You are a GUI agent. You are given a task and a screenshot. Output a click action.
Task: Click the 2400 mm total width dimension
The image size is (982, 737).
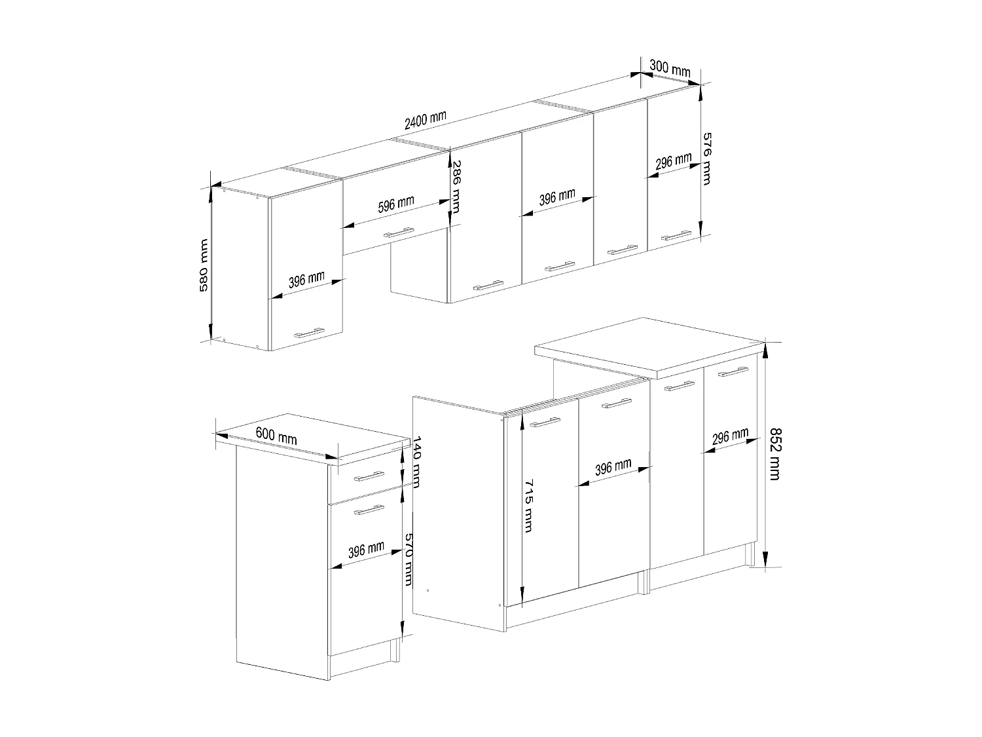coord(425,120)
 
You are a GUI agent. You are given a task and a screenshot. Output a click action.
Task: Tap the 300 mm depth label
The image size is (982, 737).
coord(670,67)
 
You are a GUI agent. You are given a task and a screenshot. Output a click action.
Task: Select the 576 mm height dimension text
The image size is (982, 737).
coord(706,158)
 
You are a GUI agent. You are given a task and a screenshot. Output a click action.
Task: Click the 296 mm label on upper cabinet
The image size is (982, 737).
coord(673,161)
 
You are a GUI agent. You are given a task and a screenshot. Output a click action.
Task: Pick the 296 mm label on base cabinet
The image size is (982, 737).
coord(730,437)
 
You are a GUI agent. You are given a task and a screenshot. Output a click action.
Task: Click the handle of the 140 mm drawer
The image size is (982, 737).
coord(369,476)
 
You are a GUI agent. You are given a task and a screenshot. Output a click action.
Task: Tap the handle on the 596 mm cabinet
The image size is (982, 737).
coord(398,232)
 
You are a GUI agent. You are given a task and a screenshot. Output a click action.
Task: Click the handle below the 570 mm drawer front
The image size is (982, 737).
coord(369,509)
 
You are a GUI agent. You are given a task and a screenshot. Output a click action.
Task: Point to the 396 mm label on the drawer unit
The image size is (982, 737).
coord(366,550)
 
